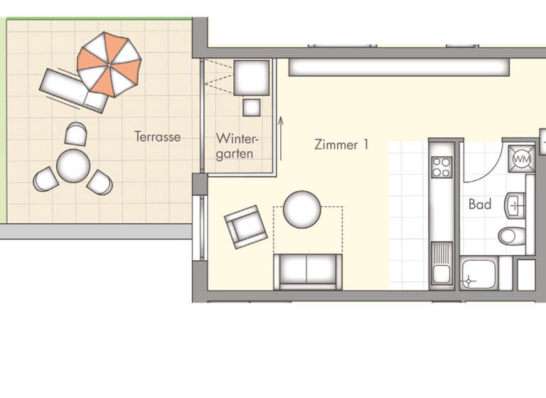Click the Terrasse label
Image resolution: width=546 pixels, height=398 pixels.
coord(157,137)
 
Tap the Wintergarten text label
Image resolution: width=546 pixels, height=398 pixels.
coord(235,145)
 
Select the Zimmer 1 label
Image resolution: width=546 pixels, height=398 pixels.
coord(341,145)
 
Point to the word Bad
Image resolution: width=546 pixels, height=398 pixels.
coord(480,205)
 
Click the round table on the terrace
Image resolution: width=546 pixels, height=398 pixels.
coord(73,166)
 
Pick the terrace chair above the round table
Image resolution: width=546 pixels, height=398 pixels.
coord(75,134)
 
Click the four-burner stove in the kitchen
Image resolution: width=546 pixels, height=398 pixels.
coord(441,166)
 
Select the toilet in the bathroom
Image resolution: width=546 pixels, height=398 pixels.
coord(511,235)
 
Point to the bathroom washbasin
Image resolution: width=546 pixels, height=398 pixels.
coord(514,205)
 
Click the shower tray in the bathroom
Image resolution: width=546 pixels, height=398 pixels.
coord(478,274)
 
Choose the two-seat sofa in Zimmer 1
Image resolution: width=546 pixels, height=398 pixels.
coord(306,270)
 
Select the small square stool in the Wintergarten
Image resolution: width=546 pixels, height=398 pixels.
coord(252,107)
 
